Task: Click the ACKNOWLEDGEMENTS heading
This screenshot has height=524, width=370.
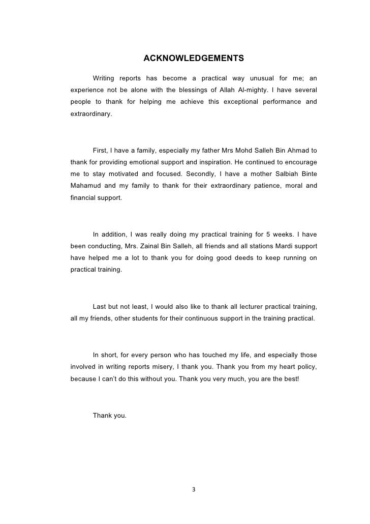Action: tap(194, 58)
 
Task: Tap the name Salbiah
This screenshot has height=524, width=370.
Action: tap(282, 174)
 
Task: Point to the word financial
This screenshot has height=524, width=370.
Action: tap(82, 197)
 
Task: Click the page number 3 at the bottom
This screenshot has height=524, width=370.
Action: tap(193, 490)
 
